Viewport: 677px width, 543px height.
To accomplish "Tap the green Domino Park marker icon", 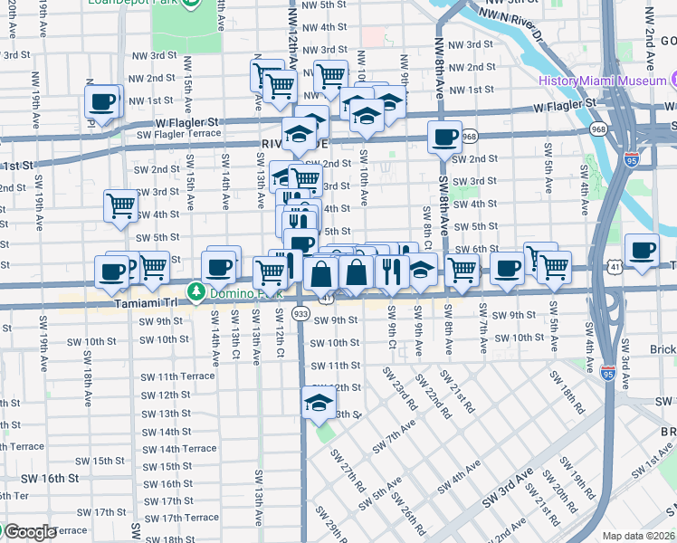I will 195,291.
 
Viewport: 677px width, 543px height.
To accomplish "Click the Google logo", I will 30,532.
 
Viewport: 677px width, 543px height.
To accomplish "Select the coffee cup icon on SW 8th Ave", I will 444,137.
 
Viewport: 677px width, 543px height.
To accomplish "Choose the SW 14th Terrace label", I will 180,448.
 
